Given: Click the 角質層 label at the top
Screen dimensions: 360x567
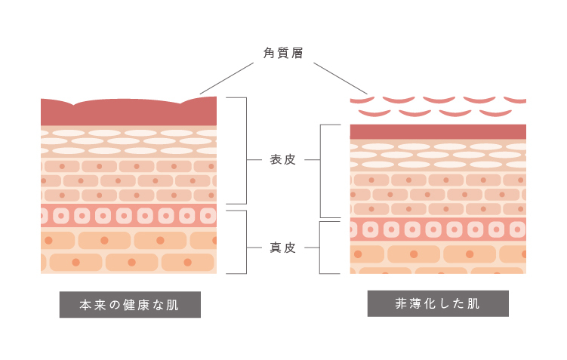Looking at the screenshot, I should click(x=283, y=53).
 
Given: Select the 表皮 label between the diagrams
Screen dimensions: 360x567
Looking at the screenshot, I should click(x=283, y=160).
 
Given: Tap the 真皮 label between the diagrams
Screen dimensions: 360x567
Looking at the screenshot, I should click(x=283, y=247).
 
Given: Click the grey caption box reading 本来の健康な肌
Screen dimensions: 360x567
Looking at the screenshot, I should click(x=130, y=305).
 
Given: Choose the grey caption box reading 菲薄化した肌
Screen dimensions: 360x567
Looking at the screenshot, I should click(x=438, y=303).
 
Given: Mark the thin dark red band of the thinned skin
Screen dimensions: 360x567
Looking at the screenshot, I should click(x=438, y=132).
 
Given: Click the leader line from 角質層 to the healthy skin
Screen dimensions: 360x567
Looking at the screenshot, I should click(x=226, y=78).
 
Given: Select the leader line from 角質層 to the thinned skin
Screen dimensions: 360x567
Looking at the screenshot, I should click(x=340, y=78).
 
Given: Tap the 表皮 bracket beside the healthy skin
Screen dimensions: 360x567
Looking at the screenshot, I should click(x=246, y=151).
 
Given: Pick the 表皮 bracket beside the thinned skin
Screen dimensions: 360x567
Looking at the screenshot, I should click(x=321, y=171).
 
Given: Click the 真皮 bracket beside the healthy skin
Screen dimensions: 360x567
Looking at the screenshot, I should click(x=246, y=242).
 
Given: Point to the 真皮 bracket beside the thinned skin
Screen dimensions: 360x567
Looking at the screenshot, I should click(x=321, y=247).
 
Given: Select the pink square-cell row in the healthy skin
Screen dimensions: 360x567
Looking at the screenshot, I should click(x=128, y=216).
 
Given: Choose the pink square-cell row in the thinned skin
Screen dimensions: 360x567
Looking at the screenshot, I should click(x=438, y=229).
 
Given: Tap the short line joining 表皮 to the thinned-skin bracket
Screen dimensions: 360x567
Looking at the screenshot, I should click(x=312, y=160).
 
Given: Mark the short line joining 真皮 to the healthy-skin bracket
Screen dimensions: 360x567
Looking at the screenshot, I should click(x=255, y=247).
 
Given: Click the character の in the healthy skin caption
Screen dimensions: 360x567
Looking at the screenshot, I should click(x=113, y=305).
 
